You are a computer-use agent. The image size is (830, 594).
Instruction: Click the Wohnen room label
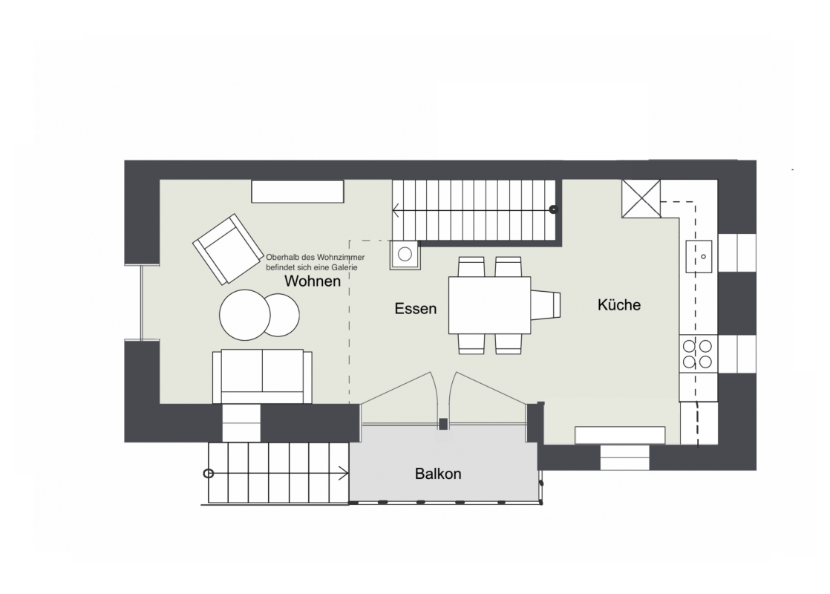pyautogui.click(x=313, y=281)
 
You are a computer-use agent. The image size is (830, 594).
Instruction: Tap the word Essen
pyautogui.click(x=416, y=309)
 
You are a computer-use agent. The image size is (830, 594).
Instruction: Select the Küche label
pyautogui.click(x=619, y=305)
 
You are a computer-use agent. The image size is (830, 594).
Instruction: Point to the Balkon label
pyautogui.click(x=438, y=473)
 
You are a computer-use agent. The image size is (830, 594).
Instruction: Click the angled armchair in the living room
pyautogui.click(x=228, y=249)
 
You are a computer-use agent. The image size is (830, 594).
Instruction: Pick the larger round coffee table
pyautogui.click(x=245, y=315)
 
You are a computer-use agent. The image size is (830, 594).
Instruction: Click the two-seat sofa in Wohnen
pyautogui.click(x=262, y=376)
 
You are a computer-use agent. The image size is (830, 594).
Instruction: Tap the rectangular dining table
pyautogui.click(x=490, y=305)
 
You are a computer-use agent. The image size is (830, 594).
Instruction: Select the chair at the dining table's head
pyautogui.click(x=546, y=305)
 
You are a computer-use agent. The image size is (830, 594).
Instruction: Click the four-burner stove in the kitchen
pyautogui.click(x=697, y=354)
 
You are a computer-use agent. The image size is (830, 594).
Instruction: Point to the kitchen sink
pyautogui.click(x=699, y=257)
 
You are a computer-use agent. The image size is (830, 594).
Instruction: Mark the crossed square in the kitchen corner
pyautogui.click(x=641, y=198)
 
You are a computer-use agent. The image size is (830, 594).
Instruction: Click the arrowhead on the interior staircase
pyautogui.click(x=396, y=211)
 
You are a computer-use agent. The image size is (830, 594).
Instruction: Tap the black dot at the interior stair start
pyautogui.click(x=554, y=209)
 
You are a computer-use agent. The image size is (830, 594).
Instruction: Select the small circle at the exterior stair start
pyautogui.click(x=209, y=473)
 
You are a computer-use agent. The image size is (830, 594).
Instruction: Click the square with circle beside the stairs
pyautogui.click(x=405, y=255)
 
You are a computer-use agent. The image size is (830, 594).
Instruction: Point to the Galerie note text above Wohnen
pyautogui.click(x=316, y=262)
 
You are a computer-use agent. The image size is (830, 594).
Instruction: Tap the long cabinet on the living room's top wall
pyautogui.click(x=298, y=191)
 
